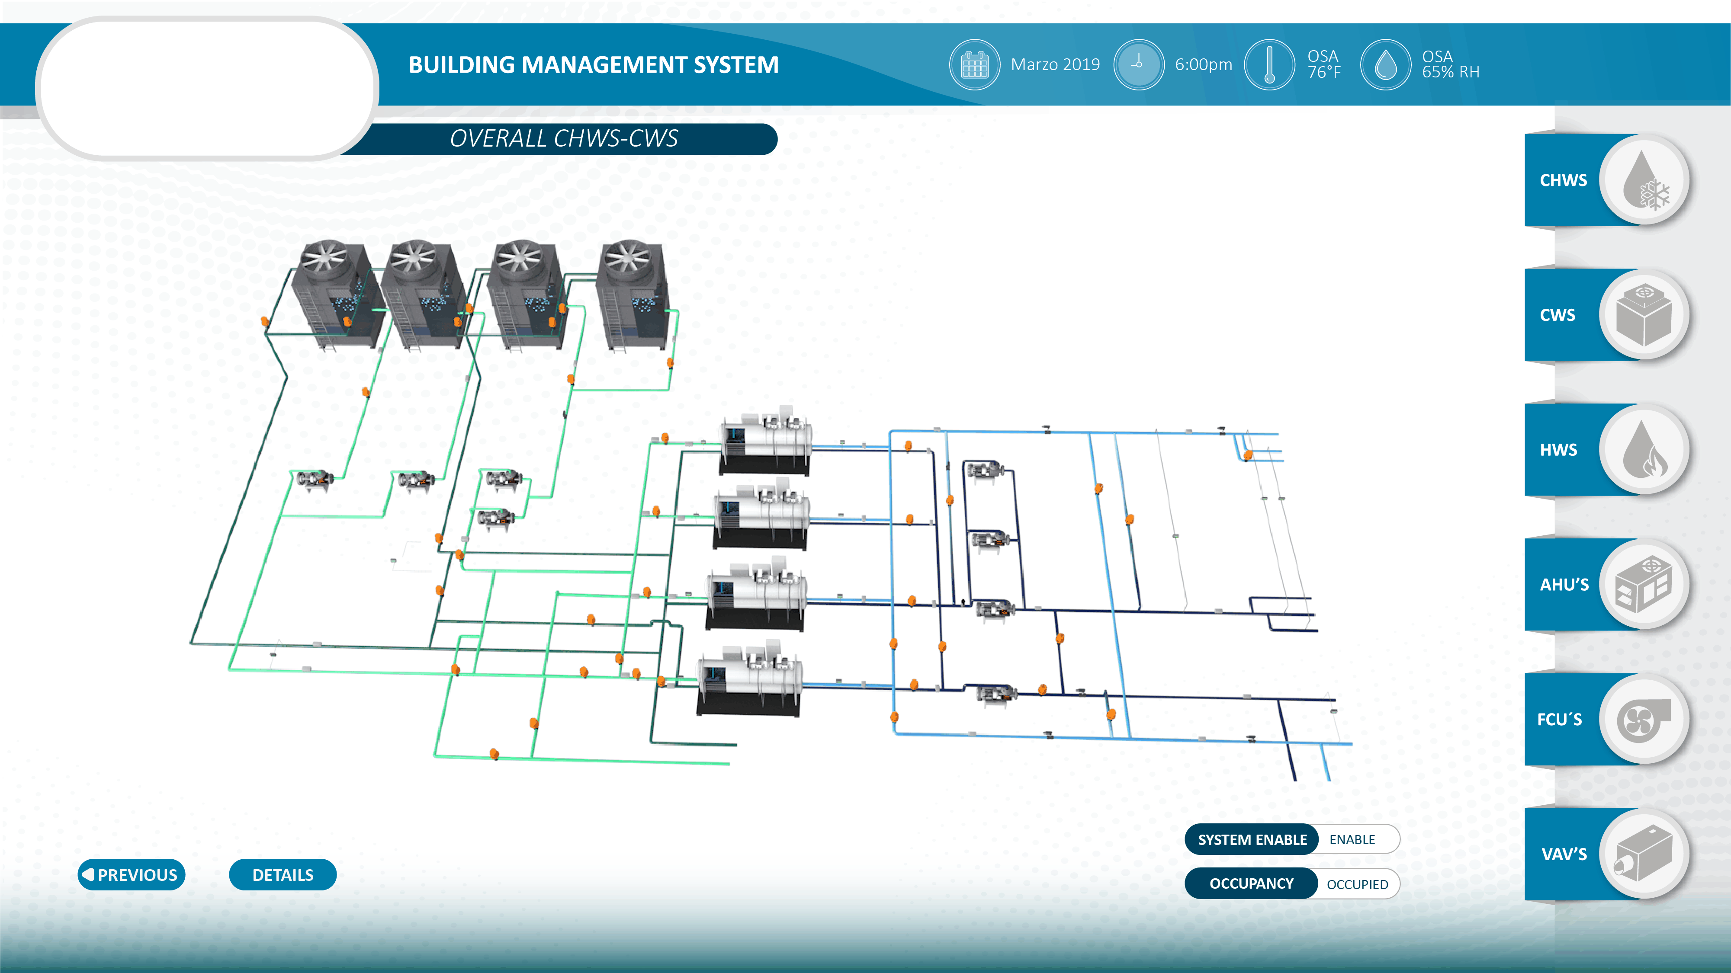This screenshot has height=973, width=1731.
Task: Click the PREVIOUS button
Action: click(x=131, y=874)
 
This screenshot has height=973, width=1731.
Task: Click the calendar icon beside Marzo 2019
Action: click(x=974, y=64)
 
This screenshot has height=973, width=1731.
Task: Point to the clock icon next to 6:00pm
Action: click(x=1138, y=64)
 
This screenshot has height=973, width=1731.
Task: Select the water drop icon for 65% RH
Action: click(x=1385, y=64)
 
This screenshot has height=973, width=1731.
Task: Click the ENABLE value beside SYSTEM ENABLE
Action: click(x=1352, y=839)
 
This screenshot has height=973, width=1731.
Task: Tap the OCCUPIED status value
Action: click(x=1357, y=883)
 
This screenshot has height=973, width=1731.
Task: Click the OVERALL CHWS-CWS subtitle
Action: click(x=563, y=138)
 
